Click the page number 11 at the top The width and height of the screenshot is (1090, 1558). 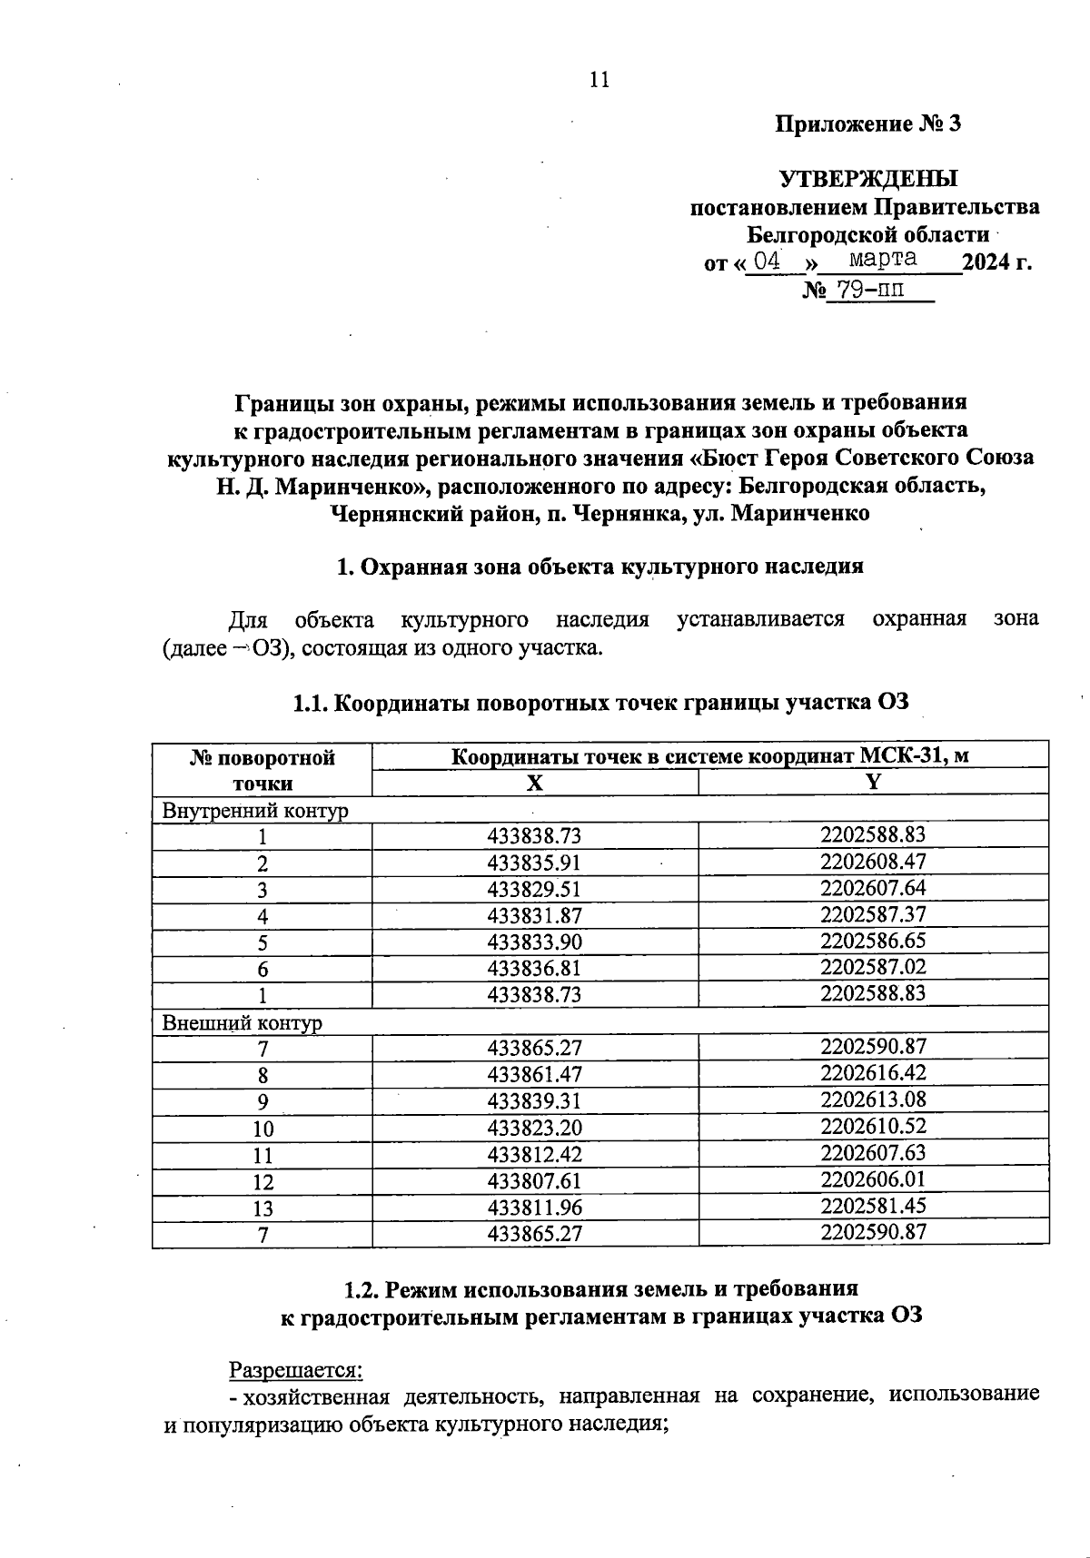pos(599,80)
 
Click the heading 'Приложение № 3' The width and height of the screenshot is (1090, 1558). pos(867,124)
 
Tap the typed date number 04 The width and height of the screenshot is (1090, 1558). pos(768,261)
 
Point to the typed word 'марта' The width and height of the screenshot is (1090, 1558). pos(882,259)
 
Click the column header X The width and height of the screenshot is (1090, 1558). pos(535,783)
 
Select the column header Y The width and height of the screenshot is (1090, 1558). pos(873,782)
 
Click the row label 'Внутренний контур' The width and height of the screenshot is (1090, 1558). pos(255,810)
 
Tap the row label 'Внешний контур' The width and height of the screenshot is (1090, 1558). pos(243,1022)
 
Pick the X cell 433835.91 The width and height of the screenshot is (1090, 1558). pos(534,863)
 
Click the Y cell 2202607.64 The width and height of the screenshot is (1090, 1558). pos(873,887)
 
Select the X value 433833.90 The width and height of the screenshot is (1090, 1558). pos(534,942)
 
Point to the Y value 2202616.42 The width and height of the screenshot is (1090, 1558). pos(873,1073)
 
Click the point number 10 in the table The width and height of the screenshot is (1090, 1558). pos(263,1129)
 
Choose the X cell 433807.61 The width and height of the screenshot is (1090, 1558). pos(534,1181)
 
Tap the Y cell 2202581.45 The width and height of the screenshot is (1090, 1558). pos(873,1206)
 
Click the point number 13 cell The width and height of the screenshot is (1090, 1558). pos(263,1208)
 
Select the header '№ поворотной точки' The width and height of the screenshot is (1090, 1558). pos(263,770)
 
